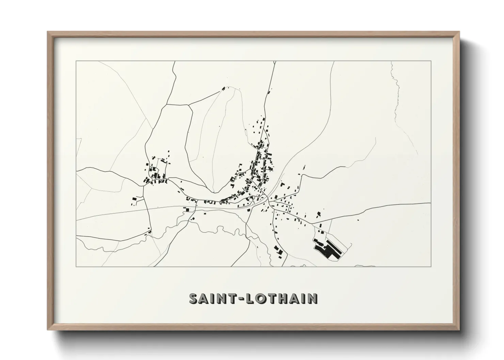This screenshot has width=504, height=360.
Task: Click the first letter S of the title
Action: click(x=193, y=299)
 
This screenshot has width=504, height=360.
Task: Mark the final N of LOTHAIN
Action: click(x=313, y=299)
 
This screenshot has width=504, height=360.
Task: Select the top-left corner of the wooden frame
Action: click(x=48, y=32)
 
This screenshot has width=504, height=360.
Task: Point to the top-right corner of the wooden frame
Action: click(x=459, y=32)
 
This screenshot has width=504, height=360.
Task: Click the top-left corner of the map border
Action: click(x=76, y=61)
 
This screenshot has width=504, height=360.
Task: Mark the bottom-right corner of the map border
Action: click(x=431, y=266)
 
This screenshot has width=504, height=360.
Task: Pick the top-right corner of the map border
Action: click(x=431, y=61)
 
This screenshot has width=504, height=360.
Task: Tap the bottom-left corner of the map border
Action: click(x=76, y=266)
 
